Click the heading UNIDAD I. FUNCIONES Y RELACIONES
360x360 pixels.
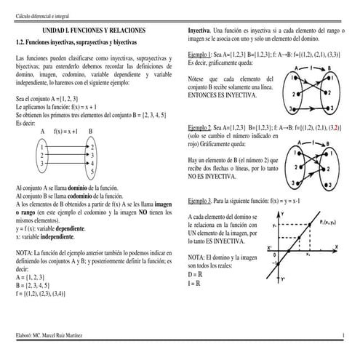tap(93, 32)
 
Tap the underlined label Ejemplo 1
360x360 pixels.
tap(199, 55)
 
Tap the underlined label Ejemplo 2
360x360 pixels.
tap(199, 126)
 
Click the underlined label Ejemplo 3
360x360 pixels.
tap(199, 199)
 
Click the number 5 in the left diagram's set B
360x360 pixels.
tap(92, 172)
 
